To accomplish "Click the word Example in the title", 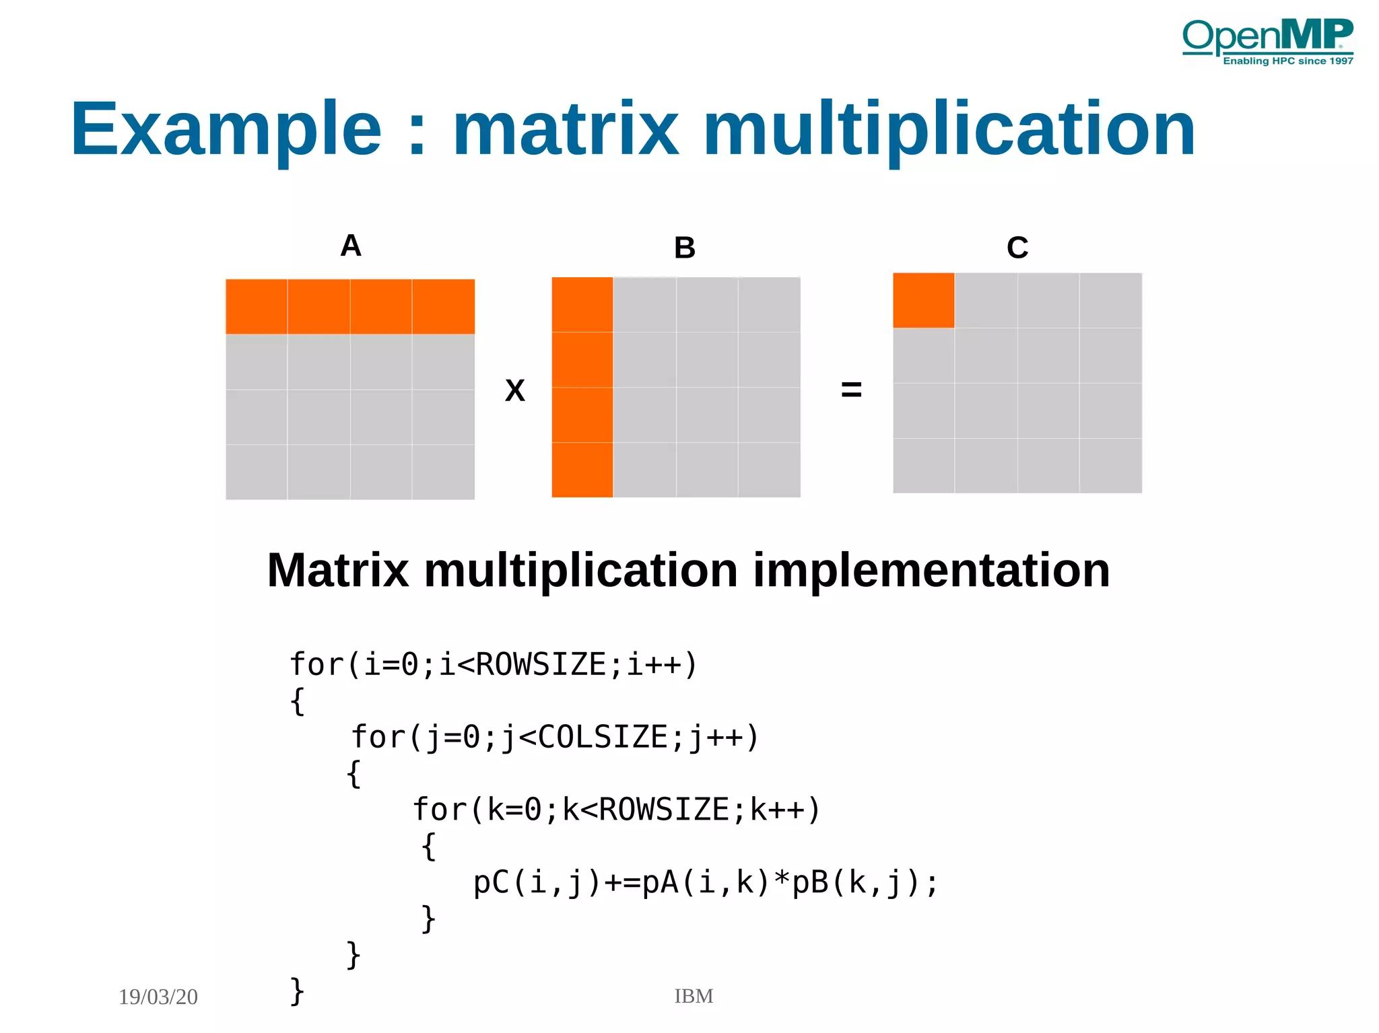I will tap(226, 129).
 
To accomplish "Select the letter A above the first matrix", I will tap(351, 246).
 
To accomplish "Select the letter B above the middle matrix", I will tap(684, 248).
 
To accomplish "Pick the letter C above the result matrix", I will tap(1017, 248).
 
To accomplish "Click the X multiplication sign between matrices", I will tap(514, 390).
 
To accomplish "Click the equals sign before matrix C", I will tap(851, 389).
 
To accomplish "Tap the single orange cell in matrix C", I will tap(923, 300).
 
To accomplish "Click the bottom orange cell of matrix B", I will tap(582, 470).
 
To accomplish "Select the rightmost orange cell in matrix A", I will tap(443, 306).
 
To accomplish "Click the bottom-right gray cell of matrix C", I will tap(1110, 466).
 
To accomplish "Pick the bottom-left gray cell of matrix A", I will tap(257, 471).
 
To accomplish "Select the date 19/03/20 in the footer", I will tap(158, 997).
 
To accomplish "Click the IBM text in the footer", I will tap(694, 996).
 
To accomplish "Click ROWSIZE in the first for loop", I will tap(541, 664).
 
